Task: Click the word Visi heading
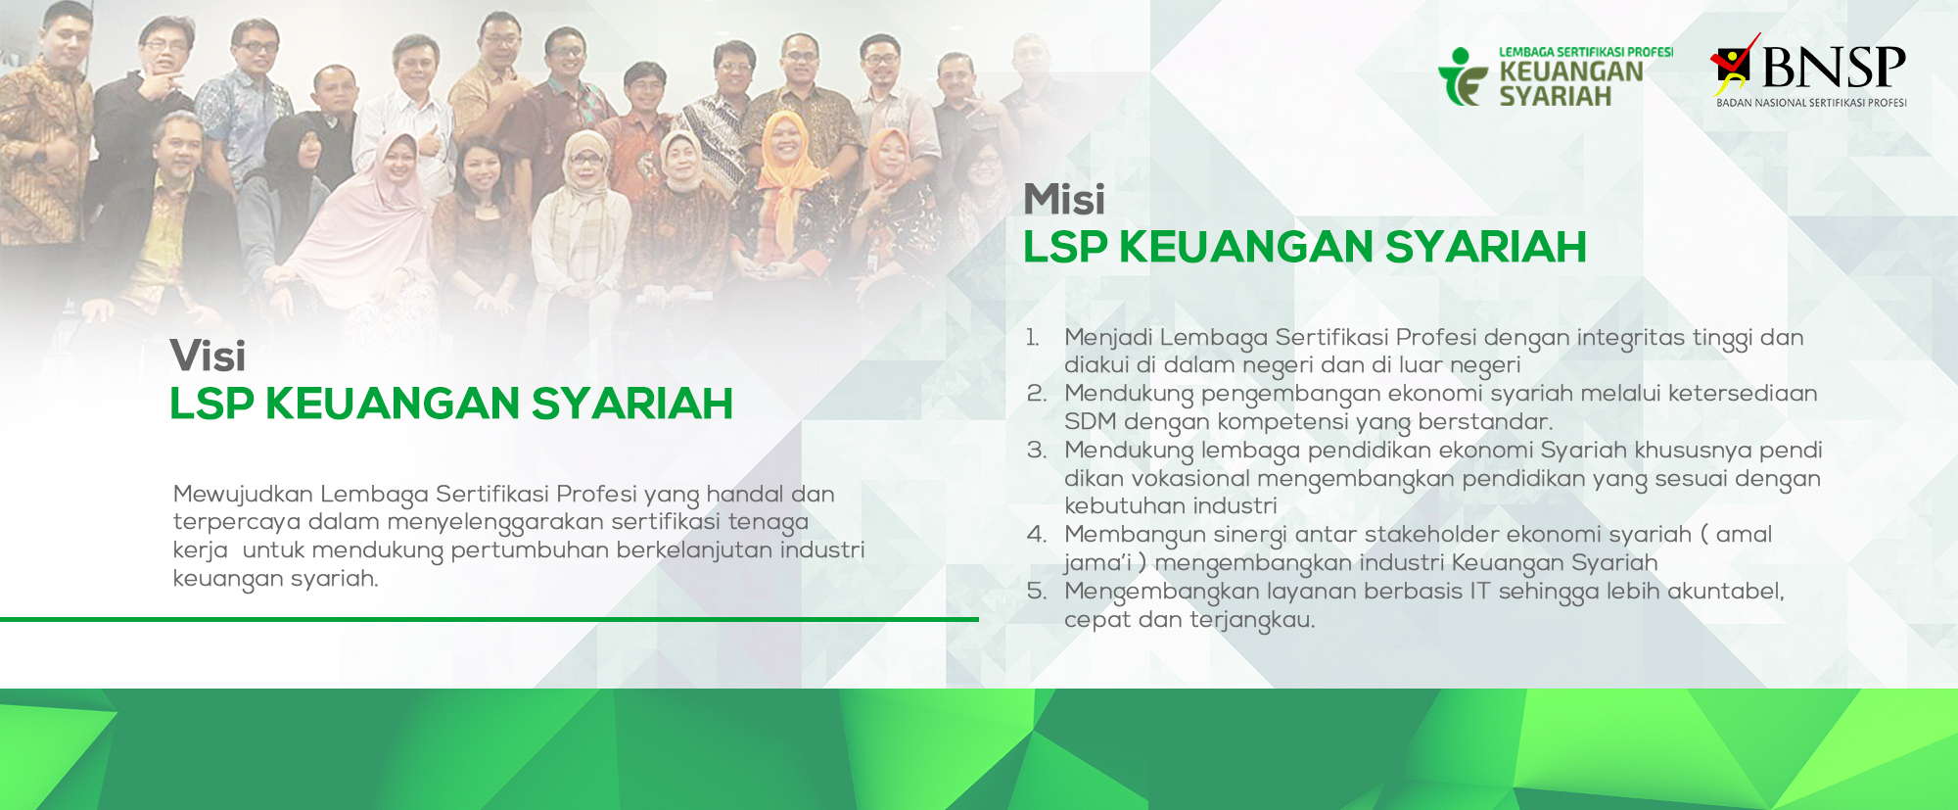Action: (x=208, y=356)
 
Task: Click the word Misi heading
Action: (x=1064, y=199)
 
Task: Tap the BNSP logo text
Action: (x=1834, y=67)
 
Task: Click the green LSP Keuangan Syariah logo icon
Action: (x=1463, y=76)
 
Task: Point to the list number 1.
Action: (x=1033, y=338)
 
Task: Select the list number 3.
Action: (x=1037, y=451)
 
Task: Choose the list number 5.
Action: (x=1037, y=592)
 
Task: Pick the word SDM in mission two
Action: (x=1091, y=422)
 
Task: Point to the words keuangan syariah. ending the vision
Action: (x=276, y=580)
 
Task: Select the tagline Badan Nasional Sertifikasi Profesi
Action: (x=1811, y=103)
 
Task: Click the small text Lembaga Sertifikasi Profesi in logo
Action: (x=1586, y=52)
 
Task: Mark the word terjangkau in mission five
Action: (x=1252, y=621)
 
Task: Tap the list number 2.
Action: (x=1037, y=394)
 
